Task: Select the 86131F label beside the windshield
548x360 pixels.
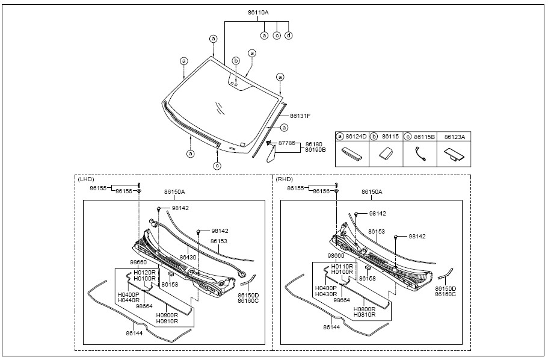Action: click(x=300, y=116)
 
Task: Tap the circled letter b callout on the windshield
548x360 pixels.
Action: click(x=236, y=61)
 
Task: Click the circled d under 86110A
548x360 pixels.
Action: click(x=289, y=36)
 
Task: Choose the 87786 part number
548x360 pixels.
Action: click(x=286, y=143)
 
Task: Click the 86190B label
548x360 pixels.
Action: click(x=315, y=149)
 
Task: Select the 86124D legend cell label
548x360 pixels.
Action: click(x=356, y=137)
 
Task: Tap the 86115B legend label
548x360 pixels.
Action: click(x=423, y=137)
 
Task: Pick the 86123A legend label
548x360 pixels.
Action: click(x=454, y=137)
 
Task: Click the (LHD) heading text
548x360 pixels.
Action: click(x=86, y=179)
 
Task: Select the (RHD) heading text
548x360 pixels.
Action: click(x=284, y=179)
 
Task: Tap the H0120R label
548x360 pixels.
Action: click(x=145, y=272)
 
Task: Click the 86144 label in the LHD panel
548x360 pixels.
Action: click(x=134, y=332)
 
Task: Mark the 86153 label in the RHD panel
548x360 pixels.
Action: click(x=377, y=231)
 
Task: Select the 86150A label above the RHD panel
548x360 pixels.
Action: click(x=372, y=191)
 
